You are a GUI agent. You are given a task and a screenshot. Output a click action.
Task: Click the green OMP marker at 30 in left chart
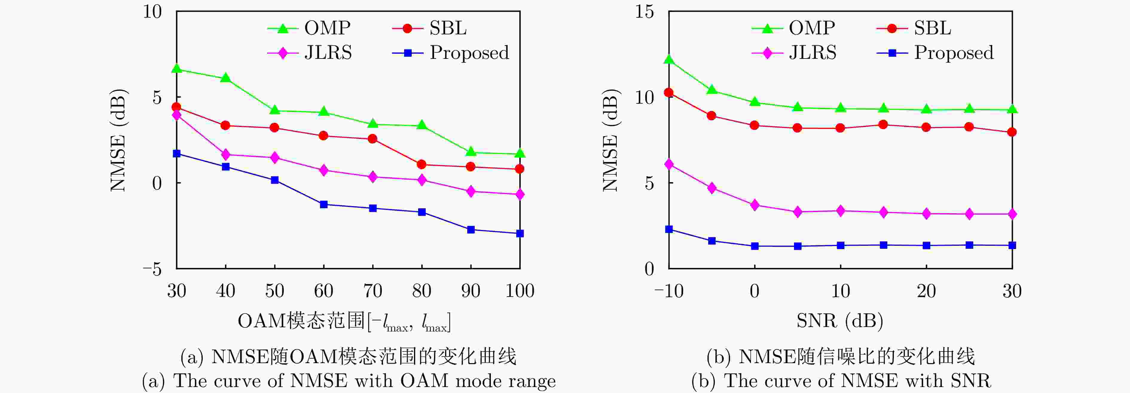(177, 68)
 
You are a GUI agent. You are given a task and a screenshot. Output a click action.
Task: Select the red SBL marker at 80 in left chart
(422, 164)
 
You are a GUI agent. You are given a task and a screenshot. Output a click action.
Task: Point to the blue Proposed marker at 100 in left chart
(520, 234)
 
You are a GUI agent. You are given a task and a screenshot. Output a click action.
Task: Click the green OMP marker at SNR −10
(669, 59)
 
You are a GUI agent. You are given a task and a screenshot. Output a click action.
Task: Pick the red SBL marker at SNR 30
(1012, 132)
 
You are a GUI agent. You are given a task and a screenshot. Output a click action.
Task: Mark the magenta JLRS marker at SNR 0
(755, 205)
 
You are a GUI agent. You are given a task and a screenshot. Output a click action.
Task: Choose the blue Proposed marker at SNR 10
(841, 245)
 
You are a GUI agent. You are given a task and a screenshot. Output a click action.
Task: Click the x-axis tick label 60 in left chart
(324, 291)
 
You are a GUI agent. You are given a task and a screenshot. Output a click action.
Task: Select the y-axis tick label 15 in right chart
(645, 12)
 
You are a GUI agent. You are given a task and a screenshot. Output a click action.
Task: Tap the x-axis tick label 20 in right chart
(926, 291)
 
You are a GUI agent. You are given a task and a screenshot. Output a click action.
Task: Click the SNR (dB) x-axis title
(840, 321)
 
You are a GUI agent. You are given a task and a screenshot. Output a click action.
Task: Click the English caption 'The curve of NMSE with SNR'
(841, 381)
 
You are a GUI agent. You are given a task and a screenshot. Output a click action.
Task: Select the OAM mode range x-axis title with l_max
(344, 322)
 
